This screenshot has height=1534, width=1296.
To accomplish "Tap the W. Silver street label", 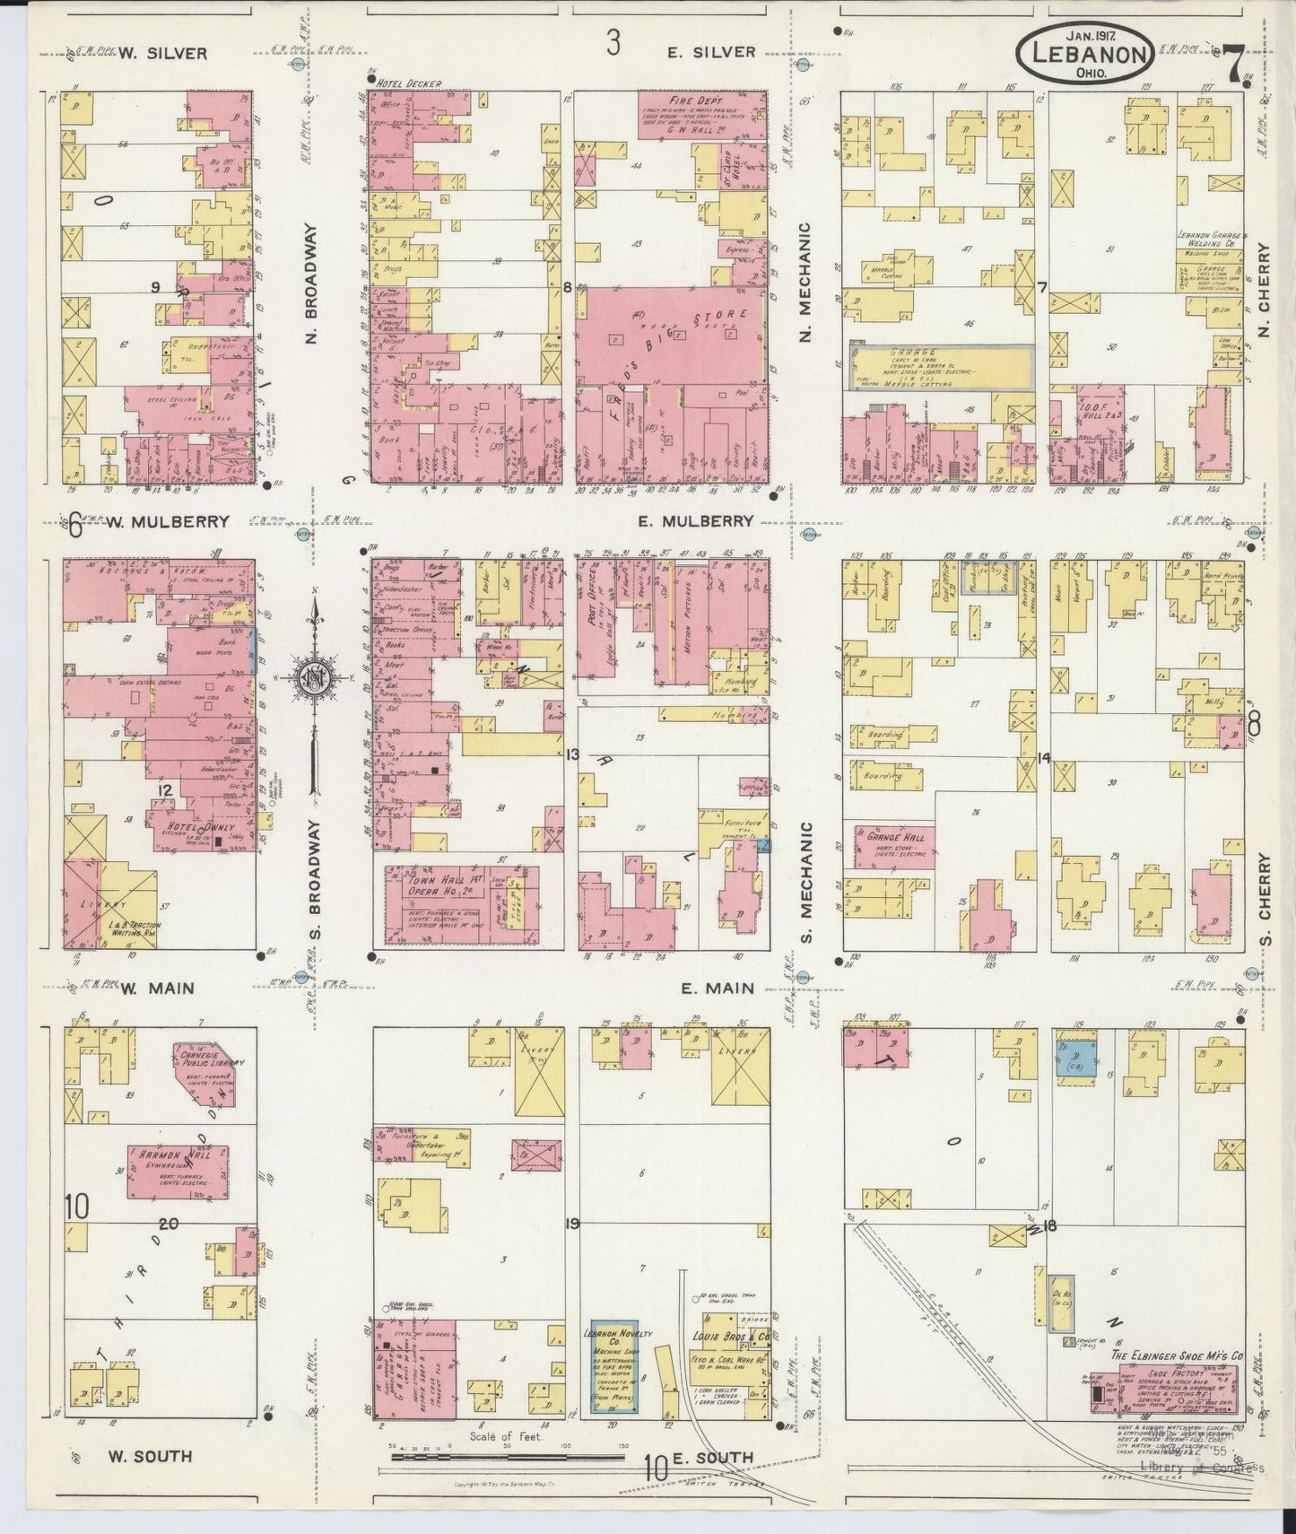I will tap(163, 54).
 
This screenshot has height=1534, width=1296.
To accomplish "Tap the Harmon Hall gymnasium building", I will tap(176, 1171).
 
